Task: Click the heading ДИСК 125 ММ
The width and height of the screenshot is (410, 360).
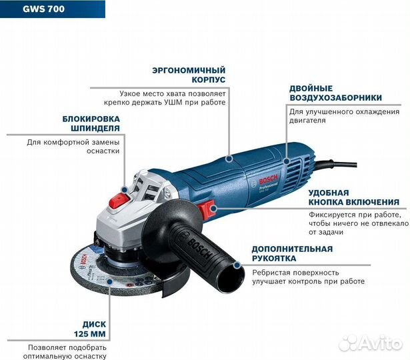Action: pyautogui.click(x=89, y=327)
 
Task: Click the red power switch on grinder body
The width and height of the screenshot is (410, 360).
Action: pyautogui.click(x=211, y=209)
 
